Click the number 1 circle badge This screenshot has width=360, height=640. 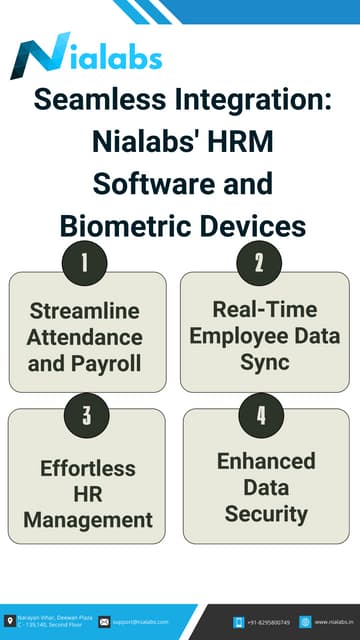pos(85,263)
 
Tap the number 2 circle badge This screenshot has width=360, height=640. pos(259,263)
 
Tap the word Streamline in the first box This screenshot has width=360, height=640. pos(85,310)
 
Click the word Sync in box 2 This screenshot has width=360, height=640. pos(265,360)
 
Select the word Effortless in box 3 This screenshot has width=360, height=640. pos(88,468)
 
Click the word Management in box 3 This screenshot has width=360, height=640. pos(88,520)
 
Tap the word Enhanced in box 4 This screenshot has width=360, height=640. pos(266,462)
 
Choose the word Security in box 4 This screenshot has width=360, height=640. pos(266,514)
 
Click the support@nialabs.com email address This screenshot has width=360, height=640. pos(140,621)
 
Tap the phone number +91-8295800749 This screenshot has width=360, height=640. pos(268,621)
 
